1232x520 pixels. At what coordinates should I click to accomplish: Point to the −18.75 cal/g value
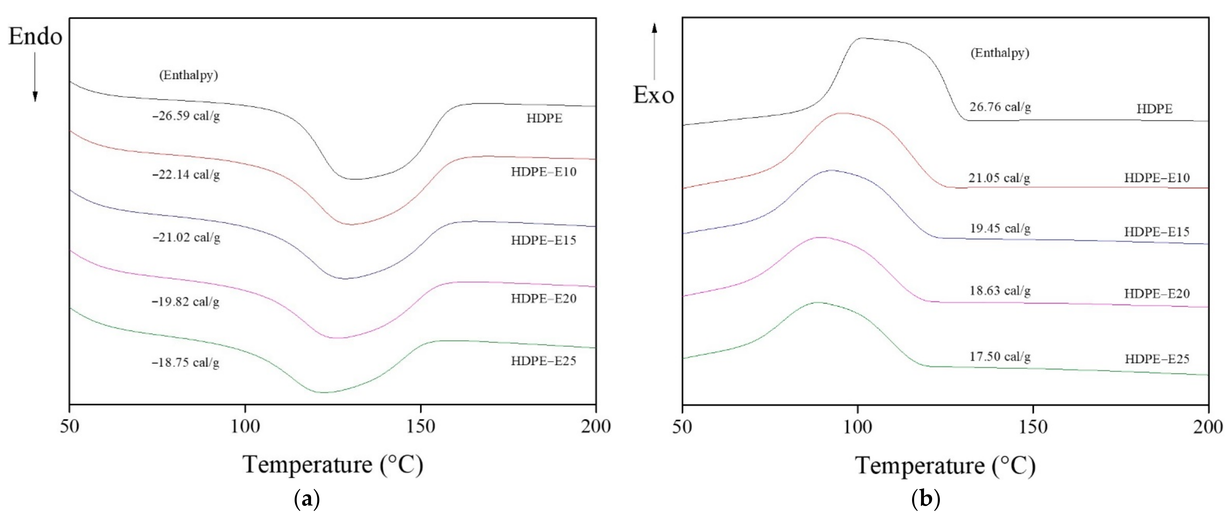[x=186, y=363]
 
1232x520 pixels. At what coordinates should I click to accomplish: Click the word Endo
[x=35, y=37]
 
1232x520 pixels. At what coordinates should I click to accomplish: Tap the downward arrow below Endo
[x=35, y=77]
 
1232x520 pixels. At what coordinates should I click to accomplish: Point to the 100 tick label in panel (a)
[x=245, y=426]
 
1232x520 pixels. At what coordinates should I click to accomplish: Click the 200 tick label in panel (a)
[x=596, y=426]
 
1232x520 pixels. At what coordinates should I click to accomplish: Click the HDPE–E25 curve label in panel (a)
[x=543, y=361]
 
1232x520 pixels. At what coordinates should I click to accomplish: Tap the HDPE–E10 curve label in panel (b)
[x=1156, y=178]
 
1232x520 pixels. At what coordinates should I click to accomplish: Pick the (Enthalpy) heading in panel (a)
[x=188, y=75]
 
